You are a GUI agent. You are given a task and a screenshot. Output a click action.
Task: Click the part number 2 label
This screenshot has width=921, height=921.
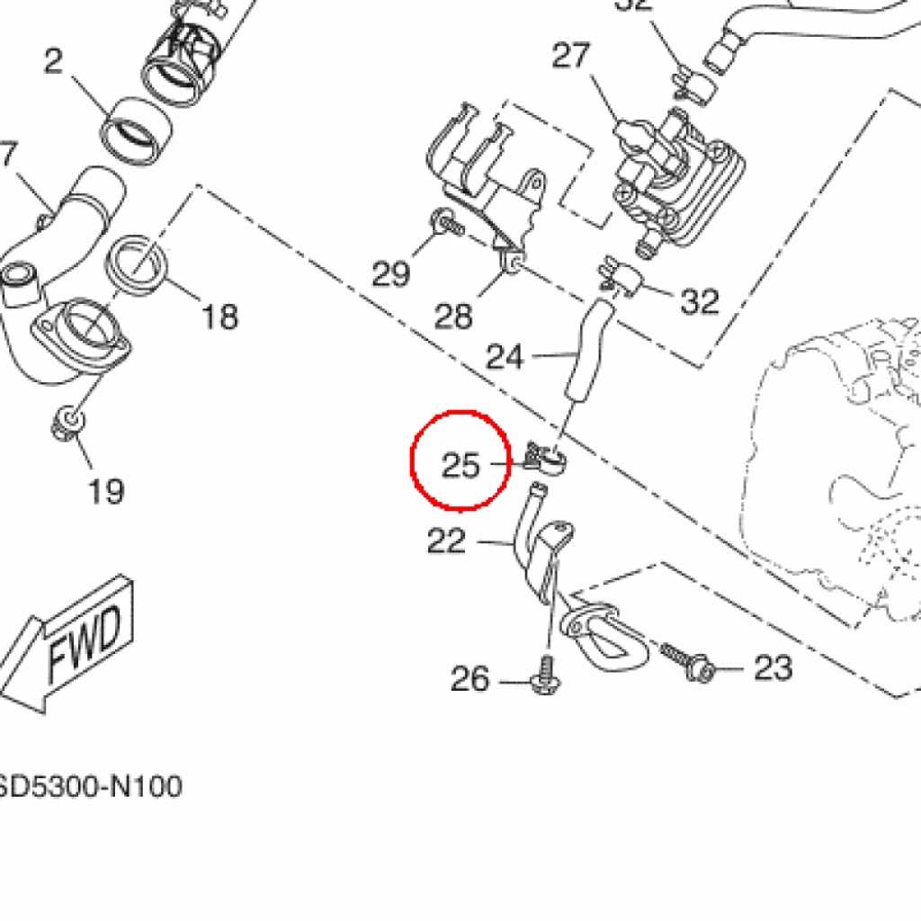pyautogui.click(x=54, y=61)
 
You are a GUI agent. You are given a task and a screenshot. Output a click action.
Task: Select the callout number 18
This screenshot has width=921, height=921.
pyautogui.click(x=219, y=316)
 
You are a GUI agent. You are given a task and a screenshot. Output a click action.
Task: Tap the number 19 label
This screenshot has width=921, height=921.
pyautogui.click(x=105, y=491)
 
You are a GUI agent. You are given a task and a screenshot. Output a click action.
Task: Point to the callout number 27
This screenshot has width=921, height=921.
pyautogui.click(x=571, y=56)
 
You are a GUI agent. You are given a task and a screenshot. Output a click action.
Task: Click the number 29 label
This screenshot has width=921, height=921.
pyautogui.click(x=391, y=273)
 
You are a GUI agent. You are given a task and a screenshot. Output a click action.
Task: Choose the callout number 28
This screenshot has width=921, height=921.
pyautogui.click(x=453, y=315)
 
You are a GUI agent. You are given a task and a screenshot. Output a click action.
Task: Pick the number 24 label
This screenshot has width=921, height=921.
pyautogui.click(x=505, y=357)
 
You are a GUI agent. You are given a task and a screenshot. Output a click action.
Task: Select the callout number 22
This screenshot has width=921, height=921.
pyautogui.click(x=447, y=541)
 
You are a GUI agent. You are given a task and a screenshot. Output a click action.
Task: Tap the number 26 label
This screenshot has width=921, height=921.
pyautogui.click(x=470, y=679)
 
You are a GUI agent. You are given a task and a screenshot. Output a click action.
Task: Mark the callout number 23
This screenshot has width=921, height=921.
pyautogui.click(x=773, y=667)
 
